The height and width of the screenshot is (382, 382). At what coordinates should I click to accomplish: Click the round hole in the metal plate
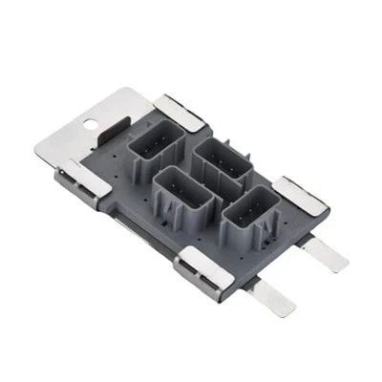[x=90, y=122]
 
